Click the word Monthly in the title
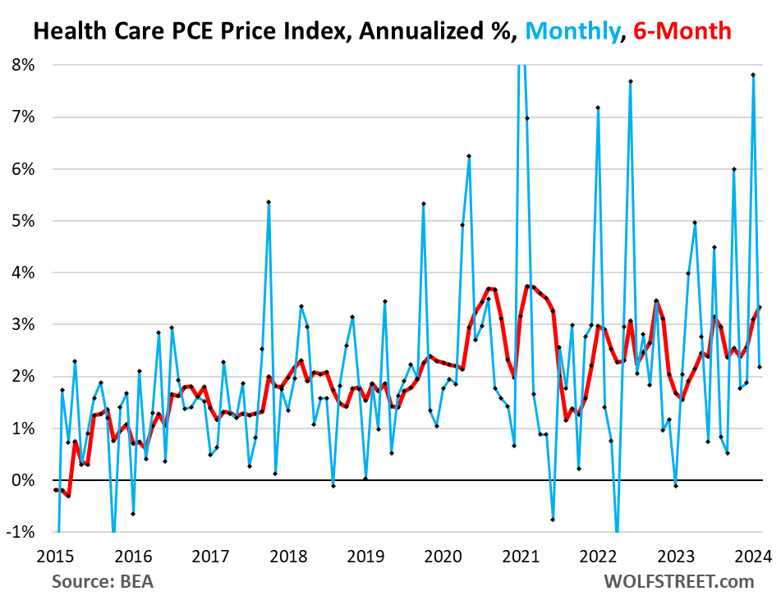pyautogui.click(x=574, y=32)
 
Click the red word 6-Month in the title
pyautogui.click(x=680, y=32)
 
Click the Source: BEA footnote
pyautogui.click(x=103, y=582)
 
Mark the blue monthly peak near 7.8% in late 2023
pyautogui.click(x=753, y=75)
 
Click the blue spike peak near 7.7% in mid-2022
pyautogui.click(x=630, y=81)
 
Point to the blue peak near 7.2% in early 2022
pyautogui.click(x=598, y=108)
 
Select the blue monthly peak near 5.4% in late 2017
pyautogui.click(x=269, y=202)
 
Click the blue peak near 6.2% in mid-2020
pyautogui.click(x=469, y=156)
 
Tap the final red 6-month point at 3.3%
pyautogui.click(x=760, y=308)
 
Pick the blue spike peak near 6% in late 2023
pyautogui.click(x=733, y=169)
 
